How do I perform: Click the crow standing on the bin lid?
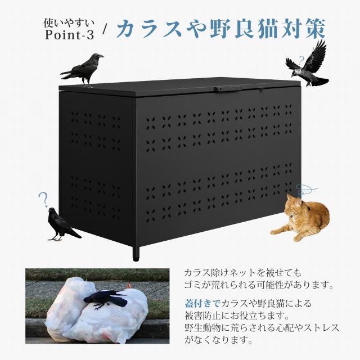[83, 70]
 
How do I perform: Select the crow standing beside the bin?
[61, 224]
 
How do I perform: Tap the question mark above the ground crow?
[42, 199]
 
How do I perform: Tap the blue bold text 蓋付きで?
[203, 304]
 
